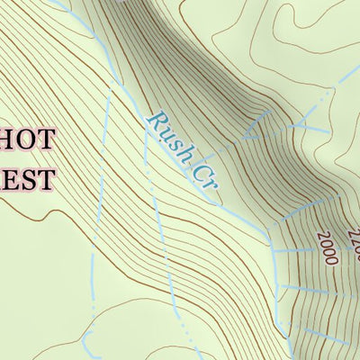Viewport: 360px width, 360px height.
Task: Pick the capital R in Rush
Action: tap(157, 121)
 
